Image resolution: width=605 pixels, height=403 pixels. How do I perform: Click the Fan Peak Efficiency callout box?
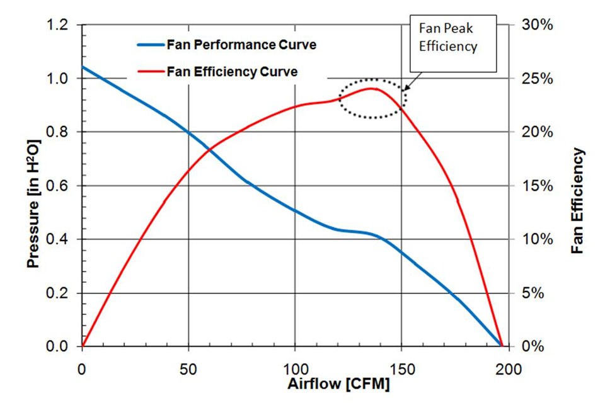pos(452,37)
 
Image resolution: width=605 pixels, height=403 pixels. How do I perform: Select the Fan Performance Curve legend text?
pos(241,45)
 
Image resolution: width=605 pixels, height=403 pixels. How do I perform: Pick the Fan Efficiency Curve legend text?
pos(232,72)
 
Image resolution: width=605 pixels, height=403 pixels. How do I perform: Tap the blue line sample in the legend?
pos(149,45)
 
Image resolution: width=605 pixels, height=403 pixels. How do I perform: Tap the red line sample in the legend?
pos(149,72)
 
